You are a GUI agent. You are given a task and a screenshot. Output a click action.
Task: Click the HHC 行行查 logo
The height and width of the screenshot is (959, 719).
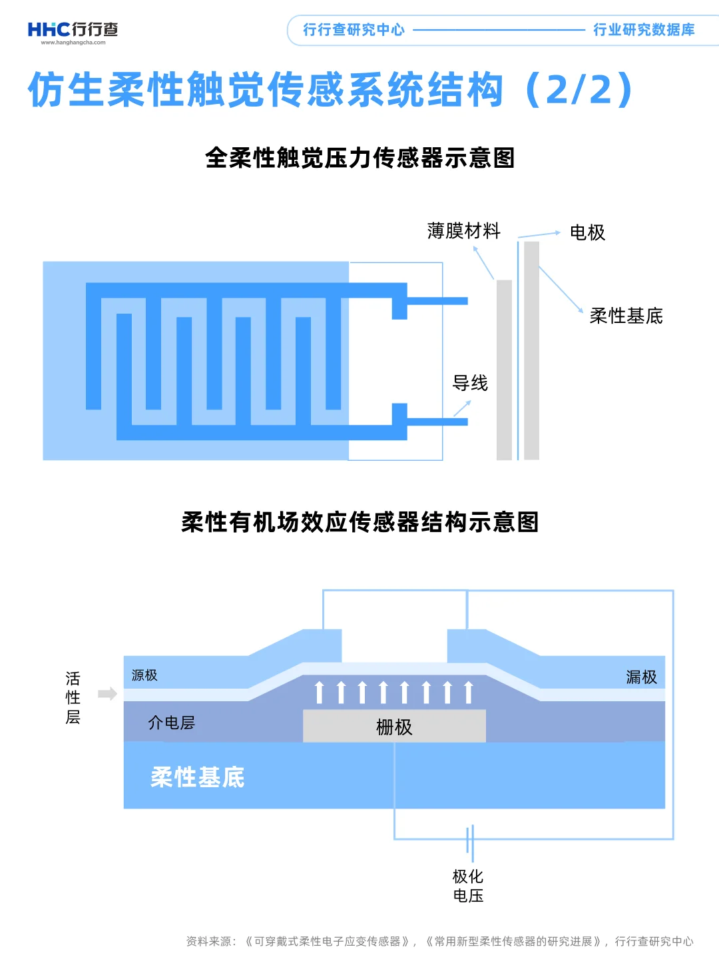[x=73, y=31]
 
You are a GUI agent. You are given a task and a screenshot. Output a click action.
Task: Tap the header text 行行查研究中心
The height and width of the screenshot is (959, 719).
[x=354, y=30]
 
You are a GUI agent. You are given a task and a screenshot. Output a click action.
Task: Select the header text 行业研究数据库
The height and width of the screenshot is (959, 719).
[x=644, y=30]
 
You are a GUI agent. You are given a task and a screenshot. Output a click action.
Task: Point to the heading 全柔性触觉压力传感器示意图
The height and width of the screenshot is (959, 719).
[x=359, y=158]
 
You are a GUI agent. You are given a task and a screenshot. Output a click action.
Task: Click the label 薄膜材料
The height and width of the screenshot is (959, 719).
[x=463, y=231]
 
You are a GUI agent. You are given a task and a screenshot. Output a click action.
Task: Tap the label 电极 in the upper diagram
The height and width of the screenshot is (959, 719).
[x=587, y=232]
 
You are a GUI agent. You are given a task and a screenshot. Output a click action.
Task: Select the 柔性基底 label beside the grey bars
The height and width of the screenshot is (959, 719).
[x=626, y=316]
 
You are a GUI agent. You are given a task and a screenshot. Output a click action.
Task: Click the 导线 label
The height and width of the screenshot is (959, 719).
[x=470, y=383]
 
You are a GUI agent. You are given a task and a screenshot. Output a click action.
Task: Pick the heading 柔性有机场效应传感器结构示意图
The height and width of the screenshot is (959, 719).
[x=359, y=522]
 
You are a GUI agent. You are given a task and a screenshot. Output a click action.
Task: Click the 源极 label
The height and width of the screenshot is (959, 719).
[x=144, y=675]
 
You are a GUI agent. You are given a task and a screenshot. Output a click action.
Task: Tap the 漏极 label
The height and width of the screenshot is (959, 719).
[x=641, y=677]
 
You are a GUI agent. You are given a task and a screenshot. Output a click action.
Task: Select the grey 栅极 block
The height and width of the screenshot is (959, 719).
[x=394, y=726]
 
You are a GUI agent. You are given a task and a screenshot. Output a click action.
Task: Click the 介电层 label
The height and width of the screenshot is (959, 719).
[x=171, y=723]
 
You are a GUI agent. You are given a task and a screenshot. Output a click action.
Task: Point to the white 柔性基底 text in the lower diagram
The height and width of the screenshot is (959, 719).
[x=198, y=777]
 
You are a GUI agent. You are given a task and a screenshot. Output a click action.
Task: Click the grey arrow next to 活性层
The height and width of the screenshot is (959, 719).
[x=107, y=694]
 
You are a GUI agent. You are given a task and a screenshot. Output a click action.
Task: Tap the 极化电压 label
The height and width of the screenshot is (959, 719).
[x=468, y=886]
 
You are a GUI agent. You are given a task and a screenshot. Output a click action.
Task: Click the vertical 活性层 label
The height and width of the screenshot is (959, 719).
[x=73, y=697]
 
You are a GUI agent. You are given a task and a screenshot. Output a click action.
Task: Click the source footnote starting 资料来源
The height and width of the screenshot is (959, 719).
[x=439, y=941]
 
